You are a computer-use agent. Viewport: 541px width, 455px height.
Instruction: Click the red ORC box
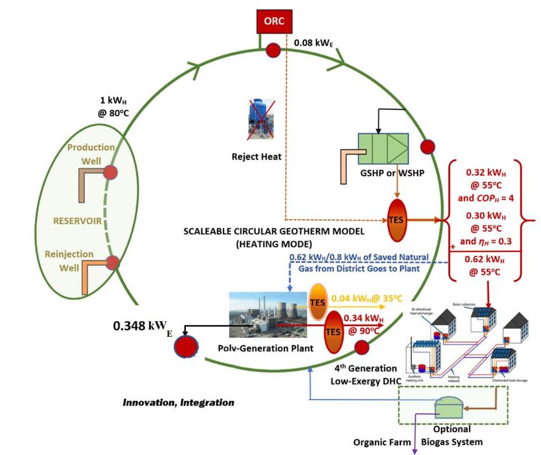[x=275, y=21]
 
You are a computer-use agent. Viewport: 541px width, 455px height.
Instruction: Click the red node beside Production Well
[x=111, y=172]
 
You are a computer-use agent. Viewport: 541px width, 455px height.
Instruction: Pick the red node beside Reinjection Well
[x=112, y=262]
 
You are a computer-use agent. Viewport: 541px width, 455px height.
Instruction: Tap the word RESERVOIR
[x=78, y=222]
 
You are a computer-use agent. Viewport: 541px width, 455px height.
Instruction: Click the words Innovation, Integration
[x=179, y=402]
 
